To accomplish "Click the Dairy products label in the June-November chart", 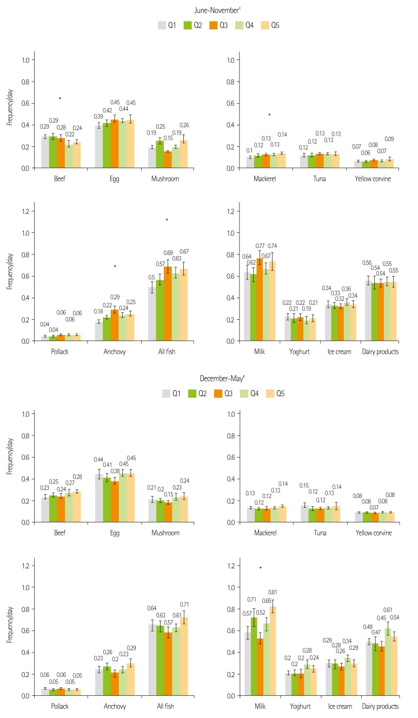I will [x=381, y=352].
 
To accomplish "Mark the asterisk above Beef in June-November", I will [x=59, y=99].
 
